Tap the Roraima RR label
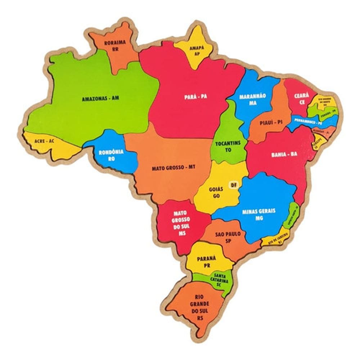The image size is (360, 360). [x=115, y=46]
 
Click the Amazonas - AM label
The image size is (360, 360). [x=100, y=98]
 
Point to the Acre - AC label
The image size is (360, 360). [x=44, y=141]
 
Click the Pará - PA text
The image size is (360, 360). [x=195, y=96]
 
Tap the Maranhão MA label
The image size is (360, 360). [x=253, y=99]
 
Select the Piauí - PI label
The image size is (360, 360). [x=271, y=122]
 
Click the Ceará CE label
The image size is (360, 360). [x=300, y=99]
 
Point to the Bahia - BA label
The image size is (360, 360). [x=284, y=154]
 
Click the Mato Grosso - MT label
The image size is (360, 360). [x=173, y=168]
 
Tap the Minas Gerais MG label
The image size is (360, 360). [x=258, y=214]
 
